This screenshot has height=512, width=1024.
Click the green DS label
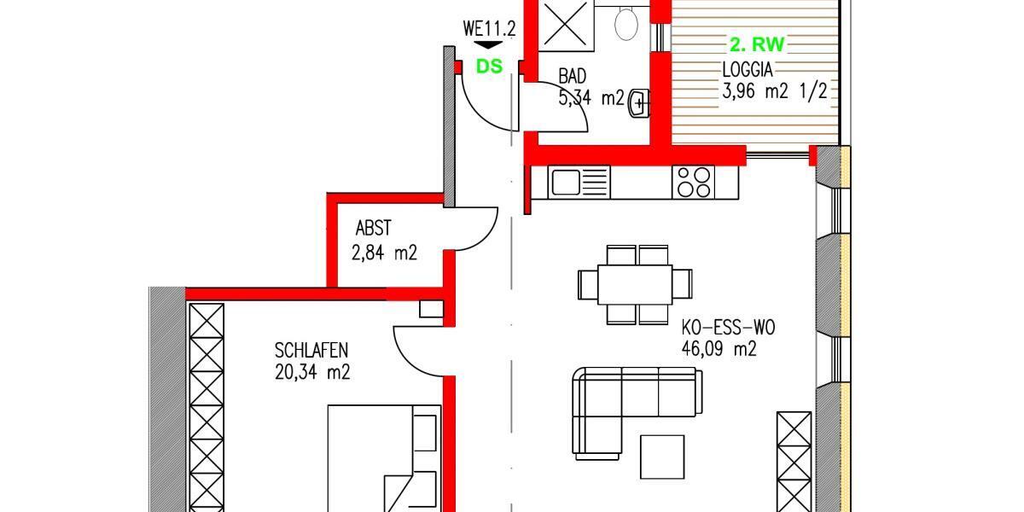489,66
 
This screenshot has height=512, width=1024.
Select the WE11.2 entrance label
489,28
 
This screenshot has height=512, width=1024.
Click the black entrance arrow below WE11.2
489,45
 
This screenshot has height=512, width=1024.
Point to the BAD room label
573,77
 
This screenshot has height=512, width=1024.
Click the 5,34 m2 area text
591,97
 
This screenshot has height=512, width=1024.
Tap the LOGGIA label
748,70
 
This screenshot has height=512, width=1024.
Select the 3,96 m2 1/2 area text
774,91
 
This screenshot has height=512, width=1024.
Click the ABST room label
373,228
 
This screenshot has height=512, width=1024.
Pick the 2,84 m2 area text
384,253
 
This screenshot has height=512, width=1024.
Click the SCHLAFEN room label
311,350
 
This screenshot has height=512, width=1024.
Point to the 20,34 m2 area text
312,372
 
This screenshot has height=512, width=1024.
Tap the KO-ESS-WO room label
728,327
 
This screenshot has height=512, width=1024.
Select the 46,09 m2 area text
719,348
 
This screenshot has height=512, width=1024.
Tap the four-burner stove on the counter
693,182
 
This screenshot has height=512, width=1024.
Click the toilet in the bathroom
626,23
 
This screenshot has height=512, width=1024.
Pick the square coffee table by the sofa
661,457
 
